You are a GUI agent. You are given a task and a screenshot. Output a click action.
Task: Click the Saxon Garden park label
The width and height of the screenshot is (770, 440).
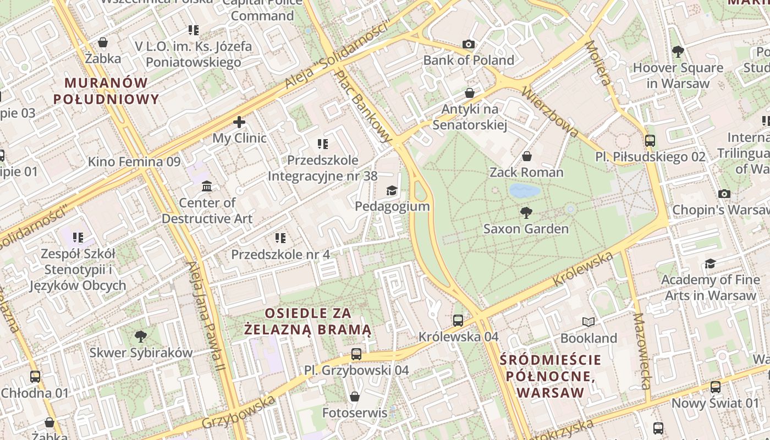coord(526,229)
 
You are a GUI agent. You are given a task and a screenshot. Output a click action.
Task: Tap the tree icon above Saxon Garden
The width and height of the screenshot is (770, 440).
coord(526,212)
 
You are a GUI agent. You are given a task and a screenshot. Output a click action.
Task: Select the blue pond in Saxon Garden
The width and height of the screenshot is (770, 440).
coord(524,191)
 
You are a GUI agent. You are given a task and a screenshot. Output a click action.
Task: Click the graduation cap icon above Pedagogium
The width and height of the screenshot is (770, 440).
coord(392,190)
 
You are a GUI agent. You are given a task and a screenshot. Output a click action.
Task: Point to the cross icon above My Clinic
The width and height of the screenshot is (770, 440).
coord(239,122)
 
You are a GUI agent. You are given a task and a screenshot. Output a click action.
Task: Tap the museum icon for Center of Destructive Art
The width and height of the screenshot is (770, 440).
coord(207,186)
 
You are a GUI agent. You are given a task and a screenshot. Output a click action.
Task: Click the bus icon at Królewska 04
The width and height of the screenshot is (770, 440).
coord(458,320)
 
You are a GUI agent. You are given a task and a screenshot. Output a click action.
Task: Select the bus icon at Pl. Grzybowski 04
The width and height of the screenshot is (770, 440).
coord(356,354)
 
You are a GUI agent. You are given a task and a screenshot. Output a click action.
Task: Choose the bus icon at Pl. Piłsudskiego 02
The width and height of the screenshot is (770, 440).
coord(650,141)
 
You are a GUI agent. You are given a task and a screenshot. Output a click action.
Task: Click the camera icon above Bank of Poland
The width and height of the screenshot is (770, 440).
coord(469,45)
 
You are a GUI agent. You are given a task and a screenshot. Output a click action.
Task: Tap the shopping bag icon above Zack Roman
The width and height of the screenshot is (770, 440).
coord(526,156)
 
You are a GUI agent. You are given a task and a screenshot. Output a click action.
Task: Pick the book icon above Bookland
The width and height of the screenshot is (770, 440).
coord(588,322)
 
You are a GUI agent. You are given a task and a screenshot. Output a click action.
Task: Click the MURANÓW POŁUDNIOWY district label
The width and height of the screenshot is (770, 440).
coord(106,91)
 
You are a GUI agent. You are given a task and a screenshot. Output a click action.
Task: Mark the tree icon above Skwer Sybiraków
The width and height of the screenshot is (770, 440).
coord(141,336)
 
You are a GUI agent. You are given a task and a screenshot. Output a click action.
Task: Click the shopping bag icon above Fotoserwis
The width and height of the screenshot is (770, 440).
coord(355,397)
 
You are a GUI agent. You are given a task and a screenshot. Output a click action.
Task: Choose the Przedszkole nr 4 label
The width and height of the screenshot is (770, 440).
coord(280,255)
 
